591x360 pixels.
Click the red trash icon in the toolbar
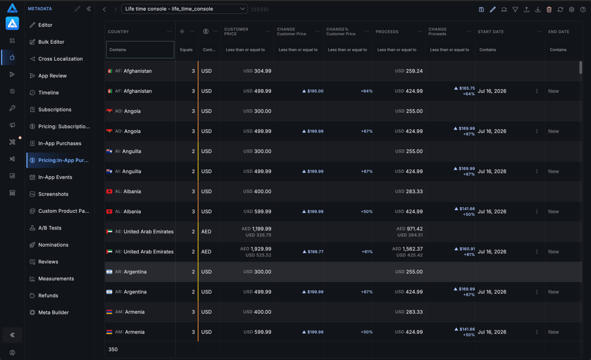(549, 9)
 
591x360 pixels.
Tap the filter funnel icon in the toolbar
(515, 9)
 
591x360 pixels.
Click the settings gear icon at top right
(571, 9)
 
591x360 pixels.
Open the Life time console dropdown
(184, 9)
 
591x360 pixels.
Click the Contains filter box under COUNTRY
(140, 50)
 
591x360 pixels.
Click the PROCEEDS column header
(387, 32)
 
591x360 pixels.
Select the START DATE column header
(490, 32)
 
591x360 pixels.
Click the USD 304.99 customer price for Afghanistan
(257, 71)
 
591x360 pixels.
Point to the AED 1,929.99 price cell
(256, 249)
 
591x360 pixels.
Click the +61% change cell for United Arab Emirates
(367, 252)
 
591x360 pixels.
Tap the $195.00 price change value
(313, 91)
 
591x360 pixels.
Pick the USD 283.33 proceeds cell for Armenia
(409, 312)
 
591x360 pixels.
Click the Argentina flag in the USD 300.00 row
(109, 272)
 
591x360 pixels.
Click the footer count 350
(113, 349)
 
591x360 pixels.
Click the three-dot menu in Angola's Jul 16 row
(537, 131)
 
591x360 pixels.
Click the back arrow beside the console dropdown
(105, 9)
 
